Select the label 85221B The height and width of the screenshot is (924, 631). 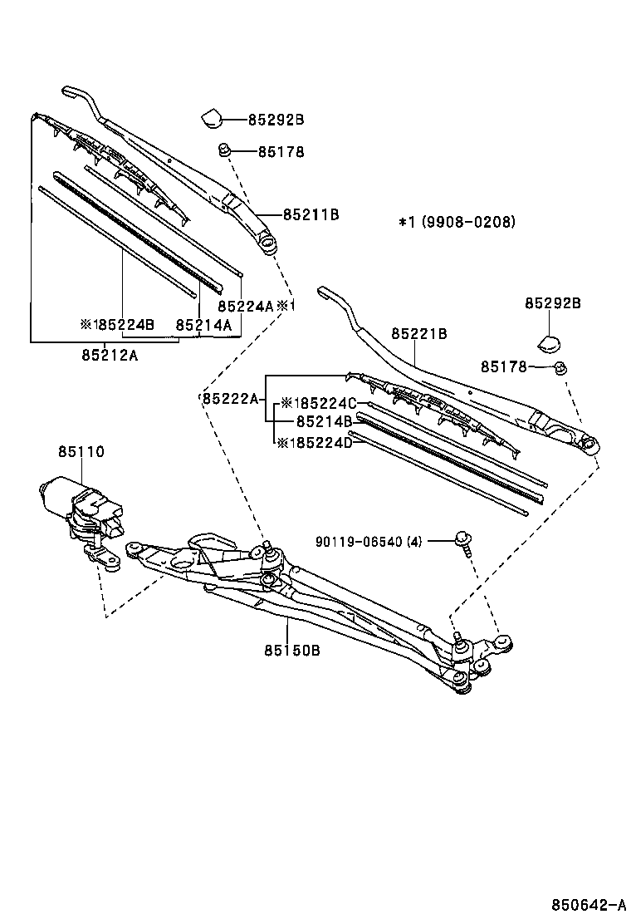(419, 334)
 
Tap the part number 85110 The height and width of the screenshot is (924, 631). (81, 452)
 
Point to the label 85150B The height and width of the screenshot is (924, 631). (291, 651)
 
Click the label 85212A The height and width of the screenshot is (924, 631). (110, 356)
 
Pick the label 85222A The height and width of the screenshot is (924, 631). (230, 399)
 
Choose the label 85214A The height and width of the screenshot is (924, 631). (203, 325)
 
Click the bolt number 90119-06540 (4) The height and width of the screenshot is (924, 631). (369, 543)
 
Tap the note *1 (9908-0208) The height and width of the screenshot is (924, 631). (457, 222)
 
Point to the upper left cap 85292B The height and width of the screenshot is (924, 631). (213, 118)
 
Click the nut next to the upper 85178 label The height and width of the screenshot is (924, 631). (223, 151)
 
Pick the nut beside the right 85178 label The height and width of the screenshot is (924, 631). (561, 366)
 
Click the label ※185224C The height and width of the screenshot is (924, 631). (318, 403)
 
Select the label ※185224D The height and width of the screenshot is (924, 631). (315, 443)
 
